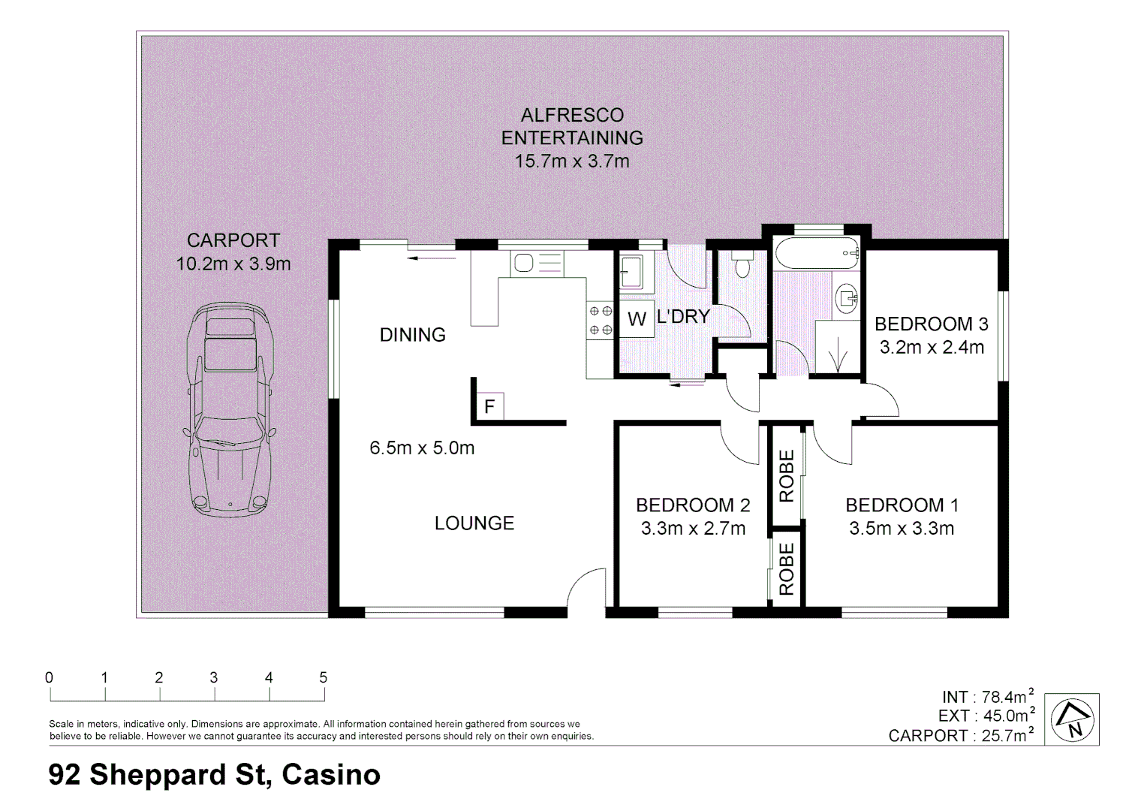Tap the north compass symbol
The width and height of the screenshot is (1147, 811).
(x=1071, y=719)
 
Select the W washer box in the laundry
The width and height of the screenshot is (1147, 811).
(x=637, y=319)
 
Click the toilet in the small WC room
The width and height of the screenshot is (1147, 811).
(x=742, y=265)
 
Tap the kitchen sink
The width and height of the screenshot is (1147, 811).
(x=524, y=263)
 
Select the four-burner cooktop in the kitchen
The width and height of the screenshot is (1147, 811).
(x=601, y=320)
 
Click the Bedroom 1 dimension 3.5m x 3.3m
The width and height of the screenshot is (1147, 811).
(x=902, y=529)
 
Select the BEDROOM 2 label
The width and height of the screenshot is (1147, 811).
(x=692, y=505)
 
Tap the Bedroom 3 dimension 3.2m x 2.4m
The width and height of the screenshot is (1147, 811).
(x=932, y=348)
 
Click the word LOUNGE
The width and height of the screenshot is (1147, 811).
(x=474, y=523)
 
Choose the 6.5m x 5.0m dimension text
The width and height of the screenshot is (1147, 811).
(x=422, y=448)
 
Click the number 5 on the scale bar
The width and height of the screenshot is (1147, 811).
(x=324, y=677)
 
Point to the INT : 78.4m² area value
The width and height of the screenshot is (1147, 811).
(x=987, y=697)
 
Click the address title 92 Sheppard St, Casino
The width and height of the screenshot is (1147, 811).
(x=215, y=774)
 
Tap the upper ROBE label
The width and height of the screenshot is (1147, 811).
(x=787, y=476)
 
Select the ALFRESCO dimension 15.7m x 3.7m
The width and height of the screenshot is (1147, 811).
(x=572, y=161)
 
